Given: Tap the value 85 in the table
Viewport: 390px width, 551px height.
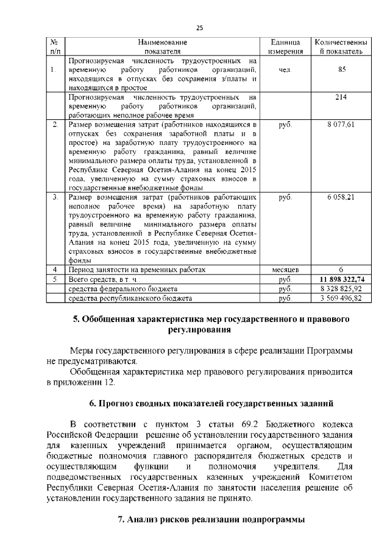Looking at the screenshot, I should (341, 70).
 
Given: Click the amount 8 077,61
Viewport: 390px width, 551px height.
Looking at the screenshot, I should (341, 124).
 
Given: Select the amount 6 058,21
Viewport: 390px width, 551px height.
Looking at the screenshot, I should (341, 197).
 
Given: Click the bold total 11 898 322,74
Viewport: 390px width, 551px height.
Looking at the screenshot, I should (341, 279).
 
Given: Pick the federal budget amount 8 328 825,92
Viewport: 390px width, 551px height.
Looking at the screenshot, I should (341, 289).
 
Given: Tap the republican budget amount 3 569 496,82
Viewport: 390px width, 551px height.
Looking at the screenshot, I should (341, 298).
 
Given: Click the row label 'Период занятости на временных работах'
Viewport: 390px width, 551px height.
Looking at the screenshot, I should (137, 269).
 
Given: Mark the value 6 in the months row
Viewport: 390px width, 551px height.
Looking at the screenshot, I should (341, 269).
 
